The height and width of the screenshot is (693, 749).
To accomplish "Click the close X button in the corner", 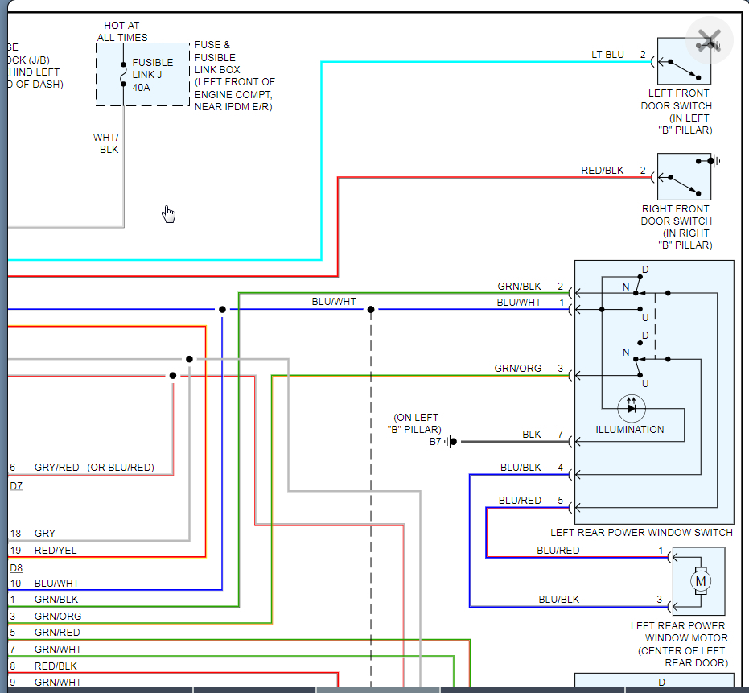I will click(709, 39).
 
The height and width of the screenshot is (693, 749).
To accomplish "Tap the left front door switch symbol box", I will click(684, 61).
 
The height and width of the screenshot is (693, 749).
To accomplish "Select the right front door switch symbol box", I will click(684, 177).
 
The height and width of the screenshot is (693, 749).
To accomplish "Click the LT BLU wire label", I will click(607, 55).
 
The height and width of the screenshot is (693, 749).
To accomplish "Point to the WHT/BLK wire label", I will click(106, 143).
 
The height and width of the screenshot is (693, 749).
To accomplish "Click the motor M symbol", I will click(700, 581).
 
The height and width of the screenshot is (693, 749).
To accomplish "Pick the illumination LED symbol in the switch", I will click(632, 407).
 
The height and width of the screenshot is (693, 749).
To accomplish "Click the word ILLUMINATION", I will click(630, 430).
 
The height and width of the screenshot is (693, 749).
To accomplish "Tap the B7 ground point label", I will click(435, 442).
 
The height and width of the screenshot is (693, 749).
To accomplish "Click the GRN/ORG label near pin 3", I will click(518, 369).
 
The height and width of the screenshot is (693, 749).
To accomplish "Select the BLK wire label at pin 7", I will click(532, 435).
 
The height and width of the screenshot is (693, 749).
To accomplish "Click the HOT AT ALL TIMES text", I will click(122, 31).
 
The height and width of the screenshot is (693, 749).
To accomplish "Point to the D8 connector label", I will click(16, 567).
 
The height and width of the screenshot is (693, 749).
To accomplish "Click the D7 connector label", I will click(16, 485).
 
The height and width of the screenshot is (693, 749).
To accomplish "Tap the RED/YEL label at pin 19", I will click(56, 551).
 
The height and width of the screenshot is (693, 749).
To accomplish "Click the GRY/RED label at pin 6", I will click(56, 468).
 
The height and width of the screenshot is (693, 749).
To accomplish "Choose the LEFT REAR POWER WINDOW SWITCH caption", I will click(641, 533).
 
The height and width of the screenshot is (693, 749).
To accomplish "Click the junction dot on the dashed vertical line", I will click(371, 310).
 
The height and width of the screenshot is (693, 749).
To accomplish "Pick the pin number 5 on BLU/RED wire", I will click(561, 501).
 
